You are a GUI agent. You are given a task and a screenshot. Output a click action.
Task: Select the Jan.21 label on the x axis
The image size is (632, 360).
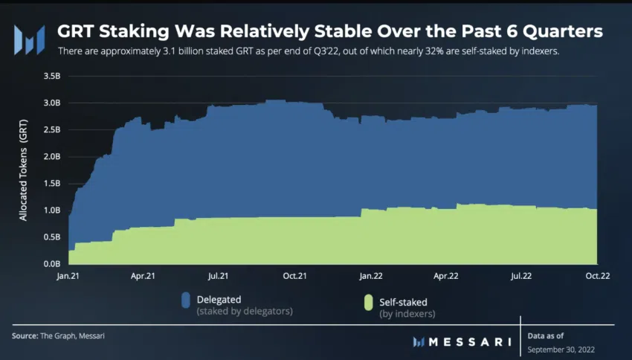(x=68, y=276)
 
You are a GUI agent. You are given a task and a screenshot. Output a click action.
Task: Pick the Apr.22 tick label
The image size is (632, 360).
(x=445, y=276)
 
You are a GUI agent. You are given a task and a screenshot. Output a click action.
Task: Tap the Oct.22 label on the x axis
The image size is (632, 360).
(x=597, y=276)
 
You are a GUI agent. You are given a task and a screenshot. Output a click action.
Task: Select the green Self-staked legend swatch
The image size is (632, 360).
(x=367, y=302)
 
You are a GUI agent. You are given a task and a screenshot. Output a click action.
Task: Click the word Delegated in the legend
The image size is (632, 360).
(x=219, y=299)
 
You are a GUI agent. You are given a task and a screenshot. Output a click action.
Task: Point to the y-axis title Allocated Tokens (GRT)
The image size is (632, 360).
(x=23, y=170)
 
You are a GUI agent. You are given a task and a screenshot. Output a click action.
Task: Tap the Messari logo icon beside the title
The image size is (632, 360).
(x=30, y=38)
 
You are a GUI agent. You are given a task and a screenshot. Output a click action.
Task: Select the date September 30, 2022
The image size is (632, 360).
(x=561, y=348)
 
